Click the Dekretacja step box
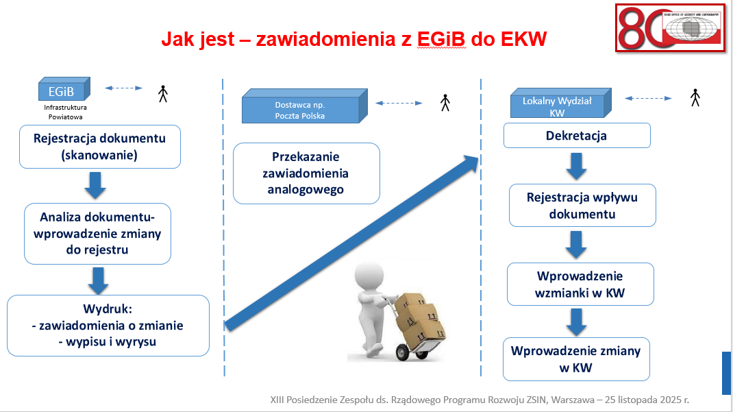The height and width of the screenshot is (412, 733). (576, 136)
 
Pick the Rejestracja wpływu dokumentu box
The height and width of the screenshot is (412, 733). (582, 206)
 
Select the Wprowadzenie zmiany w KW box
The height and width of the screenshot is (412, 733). (575, 359)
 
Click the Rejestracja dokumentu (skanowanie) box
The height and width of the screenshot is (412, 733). (99, 147)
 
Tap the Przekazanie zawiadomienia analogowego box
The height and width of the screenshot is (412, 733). (306, 173)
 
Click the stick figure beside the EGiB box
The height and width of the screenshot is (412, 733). (162, 94)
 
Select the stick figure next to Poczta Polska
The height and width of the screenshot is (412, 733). (445, 103)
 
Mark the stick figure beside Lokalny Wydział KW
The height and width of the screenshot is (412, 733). (695, 97)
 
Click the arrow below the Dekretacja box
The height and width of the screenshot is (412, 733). (576, 165)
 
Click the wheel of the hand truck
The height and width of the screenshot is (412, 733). (403, 352)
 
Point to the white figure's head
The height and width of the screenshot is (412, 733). (368, 278)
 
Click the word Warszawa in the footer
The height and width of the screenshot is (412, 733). (579, 398)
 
